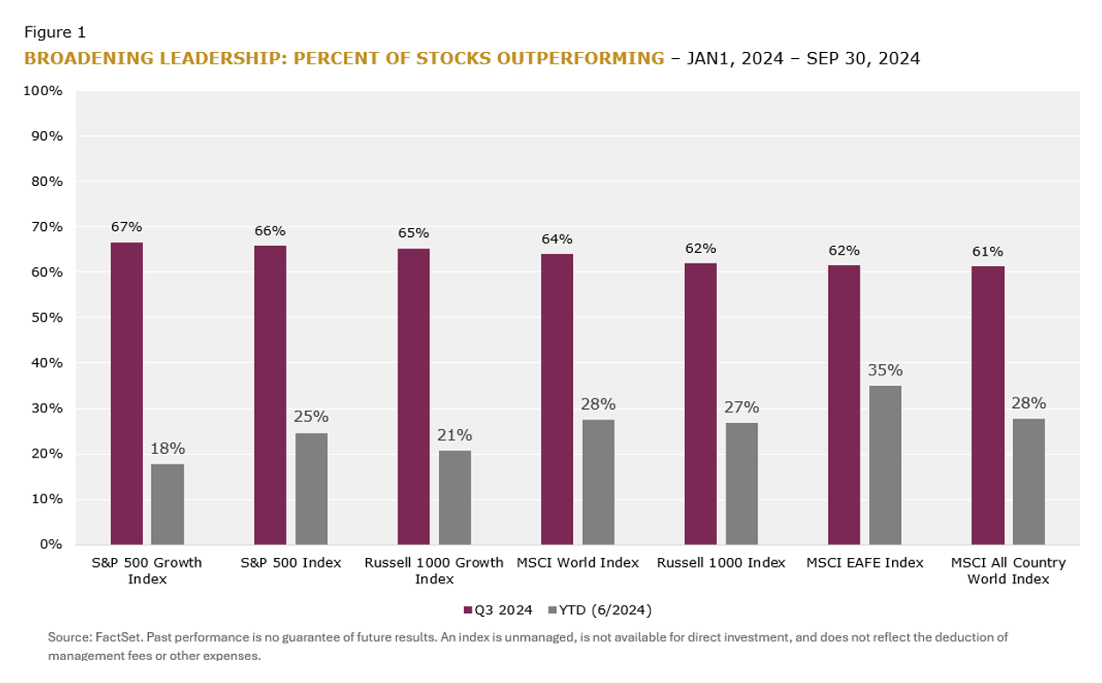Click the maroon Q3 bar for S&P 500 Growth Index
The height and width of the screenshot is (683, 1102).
[x=126, y=393]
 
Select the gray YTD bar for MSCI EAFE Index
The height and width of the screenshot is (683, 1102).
[x=885, y=464]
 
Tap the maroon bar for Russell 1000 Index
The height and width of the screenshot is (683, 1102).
[x=700, y=404]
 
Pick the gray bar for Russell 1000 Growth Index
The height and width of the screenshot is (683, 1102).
[x=455, y=497]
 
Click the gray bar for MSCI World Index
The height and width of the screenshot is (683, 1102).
[x=599, y=481]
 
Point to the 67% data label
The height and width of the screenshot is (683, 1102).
[x=126, y=226]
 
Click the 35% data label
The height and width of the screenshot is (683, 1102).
[x=885, y=370]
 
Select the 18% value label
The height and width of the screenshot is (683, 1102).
[x=168, y=449]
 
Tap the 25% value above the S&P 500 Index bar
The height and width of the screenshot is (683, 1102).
[x=311, y=417]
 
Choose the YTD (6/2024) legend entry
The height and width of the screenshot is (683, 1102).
[x=599, y=610]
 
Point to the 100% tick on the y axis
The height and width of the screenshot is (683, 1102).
[x=44, y=91]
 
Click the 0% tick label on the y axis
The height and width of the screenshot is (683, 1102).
[x=51, y=544]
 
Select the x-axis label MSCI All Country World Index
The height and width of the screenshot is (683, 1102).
[x=1008, y=570]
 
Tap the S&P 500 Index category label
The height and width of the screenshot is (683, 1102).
[x=291, y=562]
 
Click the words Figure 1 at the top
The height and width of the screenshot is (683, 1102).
[x=55, y=33]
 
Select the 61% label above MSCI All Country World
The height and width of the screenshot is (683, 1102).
[x=987, y=251]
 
